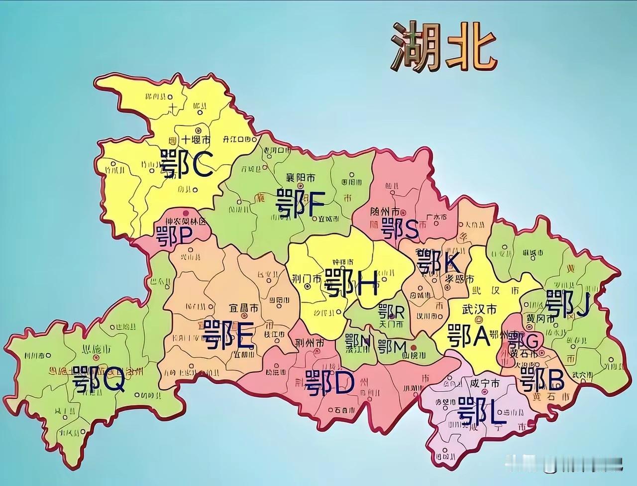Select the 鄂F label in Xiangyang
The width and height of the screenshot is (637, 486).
click(x=300, y=204)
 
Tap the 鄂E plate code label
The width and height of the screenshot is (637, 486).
click(x=229, y=335)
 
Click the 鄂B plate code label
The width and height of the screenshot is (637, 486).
click(x=542, y=381)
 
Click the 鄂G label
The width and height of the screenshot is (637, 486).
click(x=523, y=341)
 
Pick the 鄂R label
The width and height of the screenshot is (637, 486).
click(x=391, y=312)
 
